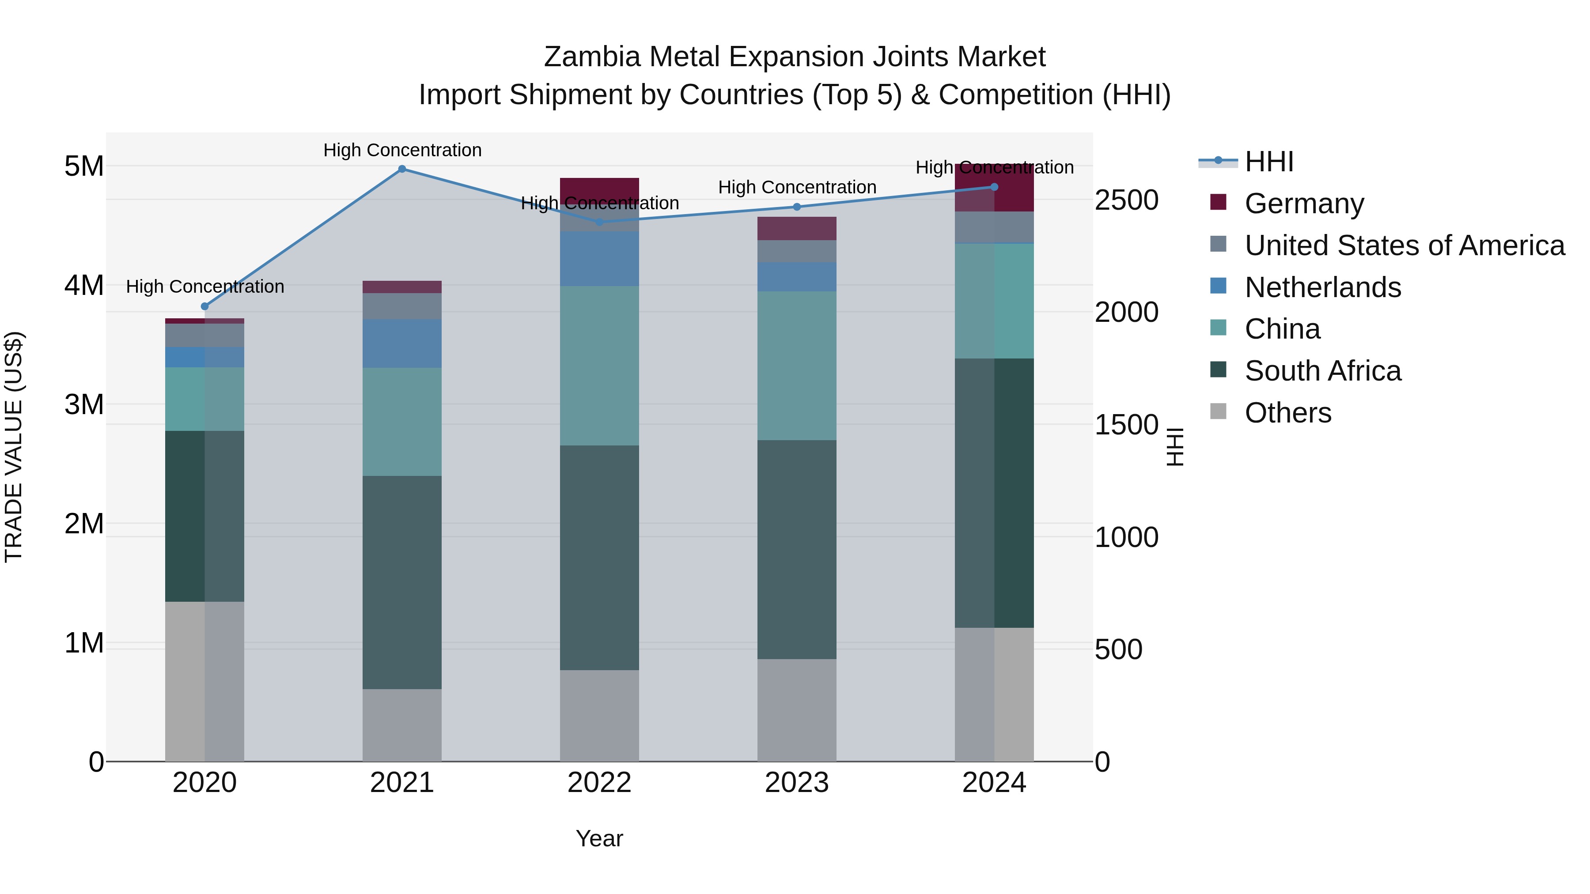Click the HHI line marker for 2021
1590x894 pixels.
coord(402,169)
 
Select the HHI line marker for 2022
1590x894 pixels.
coord(599,222)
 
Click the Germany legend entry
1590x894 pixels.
coord(1304,204)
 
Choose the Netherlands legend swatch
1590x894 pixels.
coord(1219,286)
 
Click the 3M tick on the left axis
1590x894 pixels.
coord(84,405)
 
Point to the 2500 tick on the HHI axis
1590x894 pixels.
coord(1126,200)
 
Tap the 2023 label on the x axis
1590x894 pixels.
coord(796,783)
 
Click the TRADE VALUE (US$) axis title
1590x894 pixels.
coord(14,447)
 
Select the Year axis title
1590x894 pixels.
coord(599,838)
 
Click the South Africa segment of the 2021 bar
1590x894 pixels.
coord(402,582)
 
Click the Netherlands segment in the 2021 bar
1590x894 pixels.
coord(402,343)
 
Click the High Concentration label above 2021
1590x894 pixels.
coord(402,150)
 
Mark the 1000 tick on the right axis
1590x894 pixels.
coord(1126,537)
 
